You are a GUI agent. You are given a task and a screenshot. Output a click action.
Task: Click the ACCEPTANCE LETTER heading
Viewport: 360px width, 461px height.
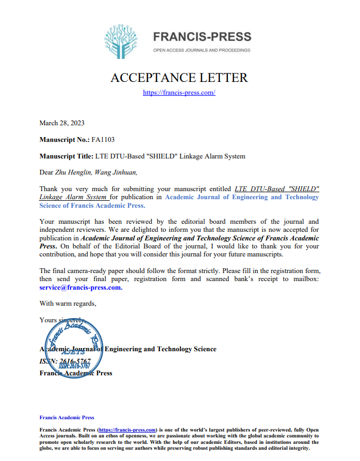click(179, 78)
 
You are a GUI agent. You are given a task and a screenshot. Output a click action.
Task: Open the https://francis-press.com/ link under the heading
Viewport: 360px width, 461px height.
click(179, 93)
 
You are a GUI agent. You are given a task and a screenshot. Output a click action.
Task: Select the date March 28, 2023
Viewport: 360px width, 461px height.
click(62, 123)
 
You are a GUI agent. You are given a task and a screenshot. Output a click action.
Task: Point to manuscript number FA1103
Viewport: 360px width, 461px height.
click(103, 140)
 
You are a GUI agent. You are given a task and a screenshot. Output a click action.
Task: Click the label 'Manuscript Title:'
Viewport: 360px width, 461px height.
click(66, 156)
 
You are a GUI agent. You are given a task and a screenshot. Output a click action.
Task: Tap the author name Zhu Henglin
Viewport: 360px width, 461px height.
click(73, 172)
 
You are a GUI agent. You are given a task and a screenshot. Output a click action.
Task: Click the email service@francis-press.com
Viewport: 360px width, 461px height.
click(80, 287)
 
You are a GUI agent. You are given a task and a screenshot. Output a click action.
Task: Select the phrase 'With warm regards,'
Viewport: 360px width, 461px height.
click(68, 304)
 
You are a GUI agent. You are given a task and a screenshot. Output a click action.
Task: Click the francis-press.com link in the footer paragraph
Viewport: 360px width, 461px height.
click(127, 429)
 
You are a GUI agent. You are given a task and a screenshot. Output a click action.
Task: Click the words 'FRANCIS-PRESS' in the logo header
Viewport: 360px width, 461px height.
click(202, 36)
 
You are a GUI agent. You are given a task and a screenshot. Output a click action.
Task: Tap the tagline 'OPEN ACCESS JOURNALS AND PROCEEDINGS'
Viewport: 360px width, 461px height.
click(202, 50)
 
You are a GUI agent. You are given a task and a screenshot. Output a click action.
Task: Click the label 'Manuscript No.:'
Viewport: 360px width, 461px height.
click(64, 140)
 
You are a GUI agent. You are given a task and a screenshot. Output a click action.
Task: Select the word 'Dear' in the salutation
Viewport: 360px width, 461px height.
click(47, 172)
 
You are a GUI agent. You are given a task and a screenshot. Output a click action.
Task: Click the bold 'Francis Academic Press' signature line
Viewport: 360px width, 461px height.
click(76, 373)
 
